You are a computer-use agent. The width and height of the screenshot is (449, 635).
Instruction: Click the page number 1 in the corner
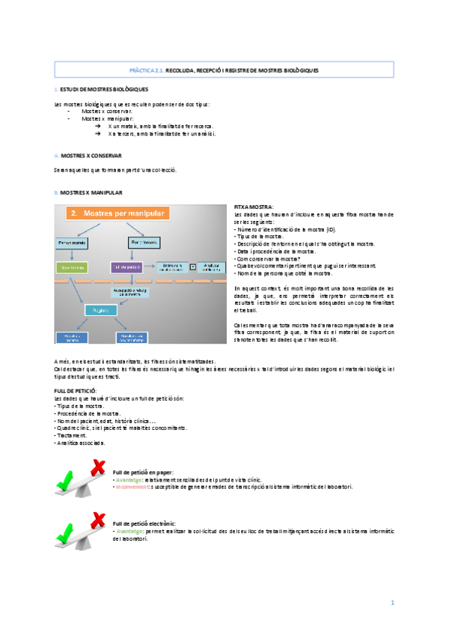[391, 603]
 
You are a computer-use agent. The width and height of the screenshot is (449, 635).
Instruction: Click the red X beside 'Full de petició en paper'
[98, 468]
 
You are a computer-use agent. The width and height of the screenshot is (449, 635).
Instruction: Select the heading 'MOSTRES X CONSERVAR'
[87, 156]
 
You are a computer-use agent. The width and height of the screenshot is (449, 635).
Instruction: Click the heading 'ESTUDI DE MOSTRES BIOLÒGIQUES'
[104, 90]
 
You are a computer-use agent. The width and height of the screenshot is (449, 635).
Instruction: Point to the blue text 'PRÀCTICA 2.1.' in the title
[147, 70]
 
